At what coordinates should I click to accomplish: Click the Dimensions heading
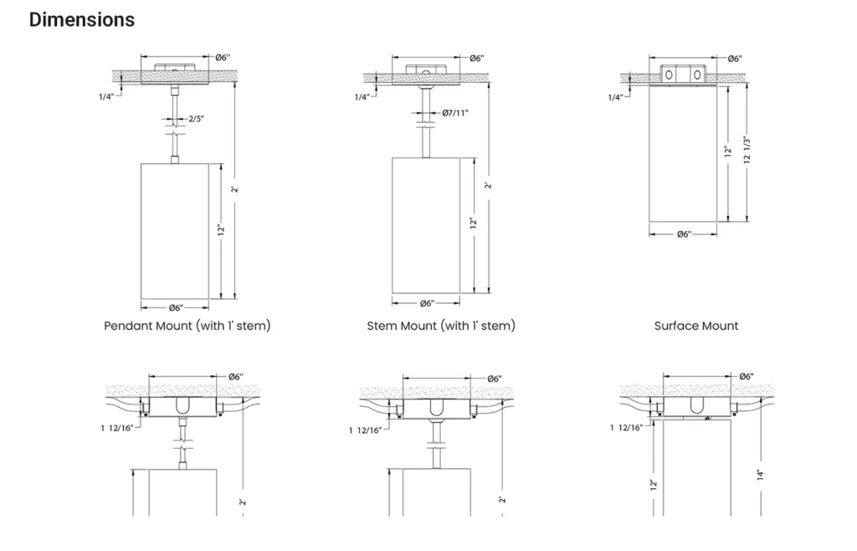click(82, 20)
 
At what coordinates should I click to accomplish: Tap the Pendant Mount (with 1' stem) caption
click(187, 326)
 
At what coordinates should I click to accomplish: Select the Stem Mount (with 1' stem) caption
click(441, 326)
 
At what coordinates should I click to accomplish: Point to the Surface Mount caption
click(696, 326)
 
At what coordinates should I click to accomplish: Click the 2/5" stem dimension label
click(196, 119)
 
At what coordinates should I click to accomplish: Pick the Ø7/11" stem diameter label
click(455, 113)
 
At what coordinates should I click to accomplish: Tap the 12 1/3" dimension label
click(747, 150)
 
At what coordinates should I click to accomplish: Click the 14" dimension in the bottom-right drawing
click(760, 475)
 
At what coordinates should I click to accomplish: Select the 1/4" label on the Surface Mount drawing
click(615, 97)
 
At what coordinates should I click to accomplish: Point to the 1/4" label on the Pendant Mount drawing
click(106, 97)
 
